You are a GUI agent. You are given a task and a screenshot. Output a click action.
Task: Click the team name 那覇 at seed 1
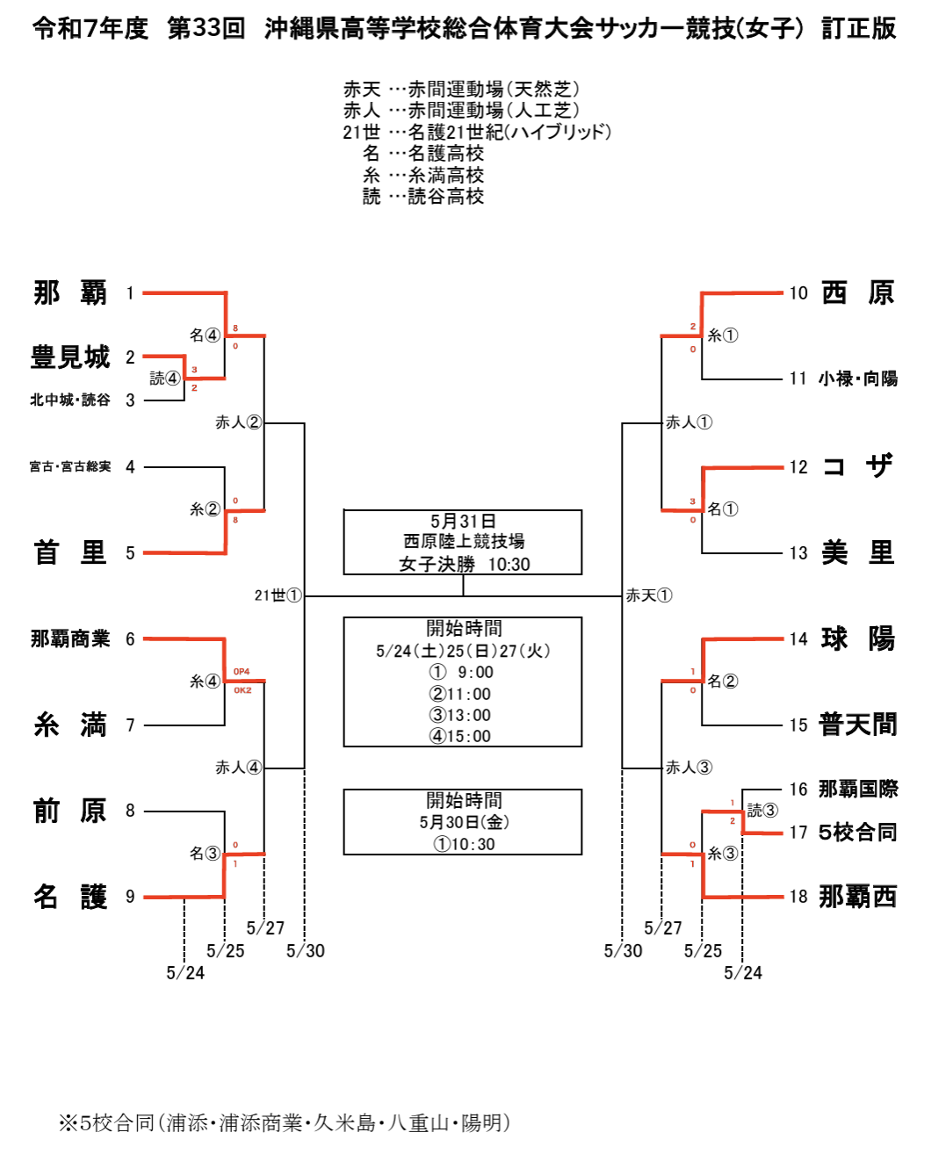(70, 292)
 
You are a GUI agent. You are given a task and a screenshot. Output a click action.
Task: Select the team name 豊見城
(70, 357)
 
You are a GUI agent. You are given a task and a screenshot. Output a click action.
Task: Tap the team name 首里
(70, 552)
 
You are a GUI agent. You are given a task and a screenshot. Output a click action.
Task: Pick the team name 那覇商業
(70, 638)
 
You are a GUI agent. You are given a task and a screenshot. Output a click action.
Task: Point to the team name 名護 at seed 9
(70, 896)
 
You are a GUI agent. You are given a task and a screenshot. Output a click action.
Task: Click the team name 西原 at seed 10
(858, 292)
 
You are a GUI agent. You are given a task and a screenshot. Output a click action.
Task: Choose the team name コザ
(858, 466)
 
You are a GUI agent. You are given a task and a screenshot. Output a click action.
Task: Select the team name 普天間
(858, 725)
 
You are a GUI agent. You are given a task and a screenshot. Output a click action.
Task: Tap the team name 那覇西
(858, 896)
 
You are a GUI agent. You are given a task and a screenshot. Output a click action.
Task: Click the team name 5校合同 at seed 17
(858, 833)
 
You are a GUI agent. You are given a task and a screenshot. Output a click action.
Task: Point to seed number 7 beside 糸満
(130, 725)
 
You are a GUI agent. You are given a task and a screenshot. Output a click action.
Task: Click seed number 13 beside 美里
(798, 553)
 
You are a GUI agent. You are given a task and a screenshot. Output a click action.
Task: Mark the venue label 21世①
(278, 595)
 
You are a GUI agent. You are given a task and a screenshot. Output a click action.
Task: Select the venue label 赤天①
(649, 595)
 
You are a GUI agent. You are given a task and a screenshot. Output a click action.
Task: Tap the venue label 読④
(164, 379)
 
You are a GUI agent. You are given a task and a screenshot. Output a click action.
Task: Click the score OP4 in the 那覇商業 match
(242, 671)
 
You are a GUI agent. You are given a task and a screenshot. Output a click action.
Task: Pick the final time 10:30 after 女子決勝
(509, 564)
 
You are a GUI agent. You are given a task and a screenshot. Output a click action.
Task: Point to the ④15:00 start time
(460, 736)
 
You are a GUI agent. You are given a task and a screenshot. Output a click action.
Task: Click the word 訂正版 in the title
(859, 28)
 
